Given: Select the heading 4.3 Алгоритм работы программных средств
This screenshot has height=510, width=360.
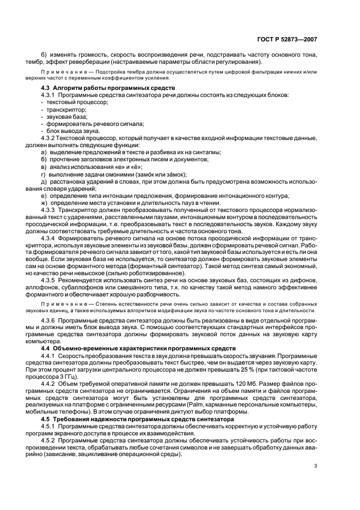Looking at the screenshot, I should [107, 88].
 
